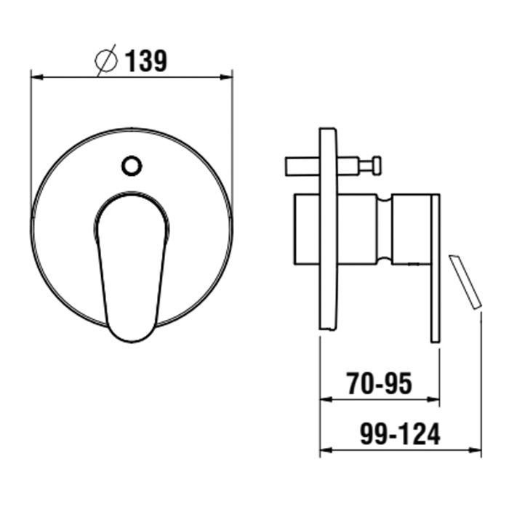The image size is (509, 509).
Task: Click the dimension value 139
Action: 145,61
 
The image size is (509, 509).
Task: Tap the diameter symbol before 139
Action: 106,60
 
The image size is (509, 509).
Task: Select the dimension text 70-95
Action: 380,383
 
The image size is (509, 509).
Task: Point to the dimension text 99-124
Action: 400,433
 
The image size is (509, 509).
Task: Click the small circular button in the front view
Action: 132,166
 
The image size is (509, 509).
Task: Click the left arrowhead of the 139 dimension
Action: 37,77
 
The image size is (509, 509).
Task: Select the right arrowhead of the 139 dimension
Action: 226,77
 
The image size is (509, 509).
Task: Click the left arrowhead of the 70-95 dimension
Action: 326,399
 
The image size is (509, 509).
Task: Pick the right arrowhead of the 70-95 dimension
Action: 433,399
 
